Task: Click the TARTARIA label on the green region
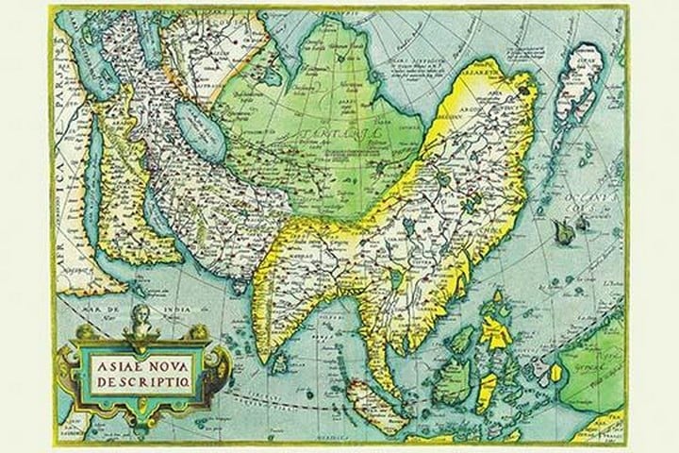click(x=311, y=134)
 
